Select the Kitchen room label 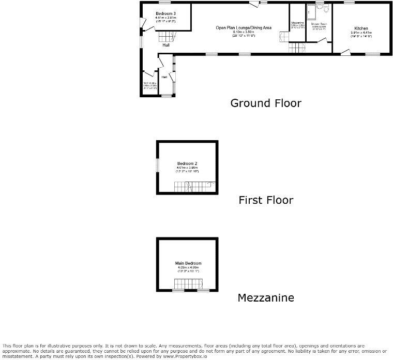[x=361, y=27]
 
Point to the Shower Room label [x=319, y=24]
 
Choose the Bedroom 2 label [x=184, y=163]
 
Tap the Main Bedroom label [x=184, y=263]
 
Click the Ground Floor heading [x=265, y=103]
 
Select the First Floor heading [x=265, y=200]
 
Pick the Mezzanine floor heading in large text [x=265, y=297]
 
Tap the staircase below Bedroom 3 [x=166, y=36]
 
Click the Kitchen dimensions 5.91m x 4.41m [x=361, y=33]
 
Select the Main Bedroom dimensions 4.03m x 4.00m [x=184, y=267]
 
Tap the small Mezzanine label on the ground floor [x=297, y=23]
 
